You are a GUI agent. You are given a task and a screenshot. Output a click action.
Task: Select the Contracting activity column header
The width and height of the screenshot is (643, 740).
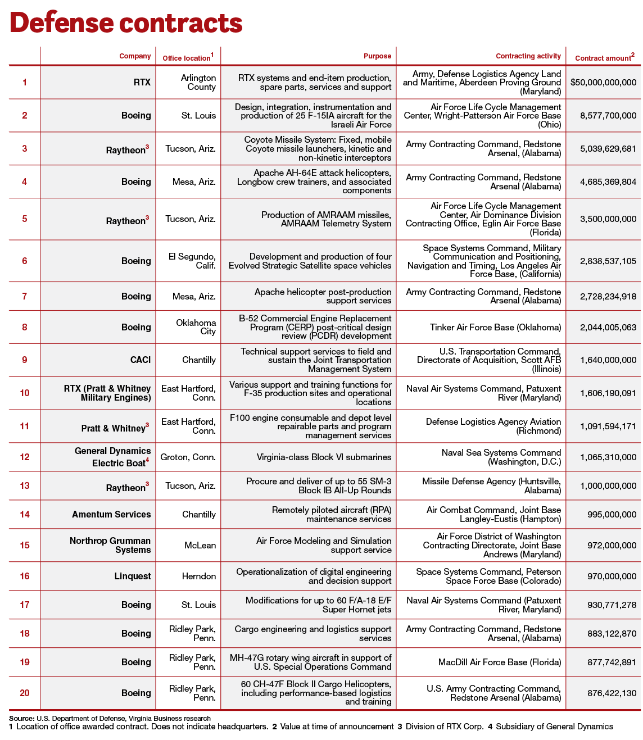(528, 56)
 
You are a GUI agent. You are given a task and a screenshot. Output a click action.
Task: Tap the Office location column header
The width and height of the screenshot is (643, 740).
(188, 58)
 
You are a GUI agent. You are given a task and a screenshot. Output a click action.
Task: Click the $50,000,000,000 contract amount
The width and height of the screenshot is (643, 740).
(603, 83)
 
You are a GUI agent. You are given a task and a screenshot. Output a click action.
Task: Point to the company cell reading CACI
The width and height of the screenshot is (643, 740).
(140, 360)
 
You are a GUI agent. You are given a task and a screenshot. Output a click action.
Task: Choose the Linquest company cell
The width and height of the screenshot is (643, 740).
(133, 576)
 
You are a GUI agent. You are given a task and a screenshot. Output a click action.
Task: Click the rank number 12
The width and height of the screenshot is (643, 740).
(25, 457)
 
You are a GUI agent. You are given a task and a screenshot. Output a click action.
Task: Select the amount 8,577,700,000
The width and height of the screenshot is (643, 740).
(608, 116)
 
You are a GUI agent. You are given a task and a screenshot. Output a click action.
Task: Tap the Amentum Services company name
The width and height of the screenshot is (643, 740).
(111, 515)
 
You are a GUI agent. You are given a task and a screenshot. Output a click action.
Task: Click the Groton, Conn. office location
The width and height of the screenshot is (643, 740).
(188, 457)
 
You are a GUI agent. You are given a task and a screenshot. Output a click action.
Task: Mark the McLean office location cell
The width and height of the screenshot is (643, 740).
(200, 546)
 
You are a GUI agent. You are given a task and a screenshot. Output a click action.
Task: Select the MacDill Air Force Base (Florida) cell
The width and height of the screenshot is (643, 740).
(499, 662)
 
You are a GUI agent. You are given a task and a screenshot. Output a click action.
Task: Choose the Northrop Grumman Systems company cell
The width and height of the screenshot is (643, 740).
(110, 546)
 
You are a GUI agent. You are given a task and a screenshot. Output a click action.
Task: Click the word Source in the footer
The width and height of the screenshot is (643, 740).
(21, 718)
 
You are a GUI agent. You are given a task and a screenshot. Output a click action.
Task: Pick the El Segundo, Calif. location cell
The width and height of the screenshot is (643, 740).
(192, 261)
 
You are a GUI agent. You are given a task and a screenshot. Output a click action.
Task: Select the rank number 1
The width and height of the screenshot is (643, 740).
(25, 83)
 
